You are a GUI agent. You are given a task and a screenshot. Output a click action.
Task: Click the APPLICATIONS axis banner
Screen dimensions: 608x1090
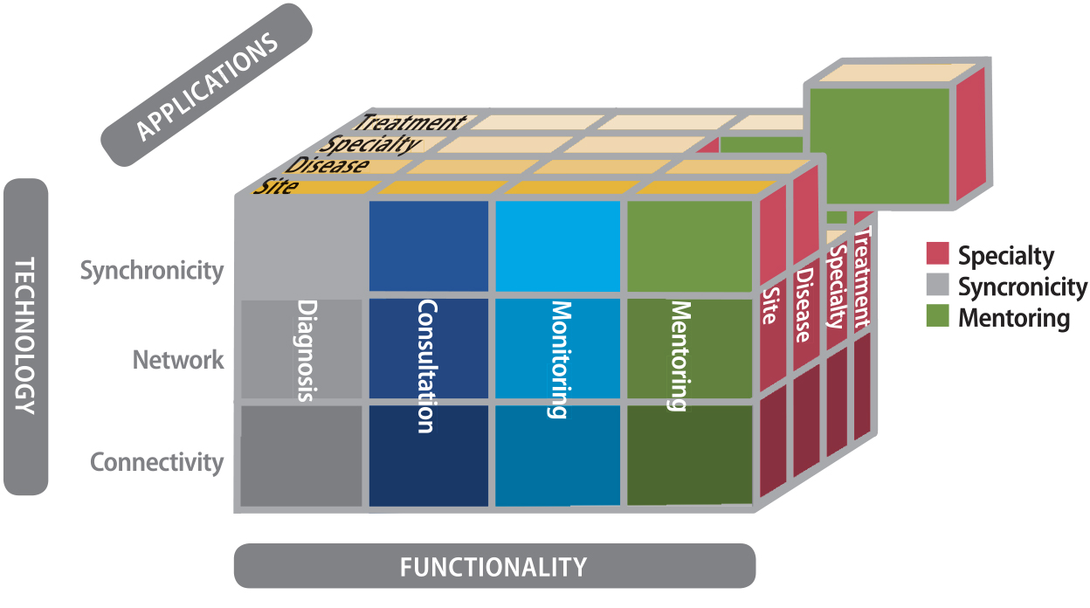click(x=206, y=86)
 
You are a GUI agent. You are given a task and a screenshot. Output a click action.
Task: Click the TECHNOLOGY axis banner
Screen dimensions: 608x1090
click(x=26, y=336)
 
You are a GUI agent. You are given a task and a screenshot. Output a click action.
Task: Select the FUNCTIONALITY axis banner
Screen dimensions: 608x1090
click(x=493, y=567)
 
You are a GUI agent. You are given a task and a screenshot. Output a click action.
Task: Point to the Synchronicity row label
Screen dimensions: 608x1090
click(x=152, y=271)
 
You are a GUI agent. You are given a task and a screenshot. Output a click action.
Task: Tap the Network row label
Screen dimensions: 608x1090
click(x=178, y=360)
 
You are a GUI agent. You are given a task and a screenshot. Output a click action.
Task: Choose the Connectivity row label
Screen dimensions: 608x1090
click(x=157, y=462)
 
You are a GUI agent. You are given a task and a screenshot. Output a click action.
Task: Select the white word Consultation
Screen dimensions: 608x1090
click(x=425, y=366)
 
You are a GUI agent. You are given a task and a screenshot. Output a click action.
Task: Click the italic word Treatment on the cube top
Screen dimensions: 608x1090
click(x=410, y=123)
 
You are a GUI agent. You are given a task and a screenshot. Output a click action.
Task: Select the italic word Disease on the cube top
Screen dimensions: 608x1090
click(x=328, y=165)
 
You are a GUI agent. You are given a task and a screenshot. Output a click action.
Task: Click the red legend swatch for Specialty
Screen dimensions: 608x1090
click(x=937, y=255)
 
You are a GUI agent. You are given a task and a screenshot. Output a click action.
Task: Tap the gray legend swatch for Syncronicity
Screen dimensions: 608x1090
click(x=937, y=287)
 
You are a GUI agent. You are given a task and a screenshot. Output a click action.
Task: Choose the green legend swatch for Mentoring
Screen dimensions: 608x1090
click(x=937, y=317)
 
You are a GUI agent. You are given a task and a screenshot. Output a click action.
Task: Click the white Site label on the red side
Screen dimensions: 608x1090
click(x=769, y=305)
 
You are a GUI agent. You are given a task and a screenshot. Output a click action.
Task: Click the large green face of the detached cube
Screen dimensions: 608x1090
click(x=879, y=144)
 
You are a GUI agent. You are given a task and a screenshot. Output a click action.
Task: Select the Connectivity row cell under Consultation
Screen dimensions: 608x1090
click(x=429, y=455)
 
